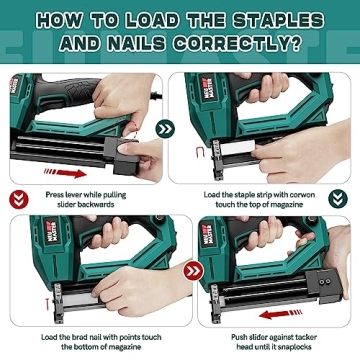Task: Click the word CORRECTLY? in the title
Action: click(x=232, y=44)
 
